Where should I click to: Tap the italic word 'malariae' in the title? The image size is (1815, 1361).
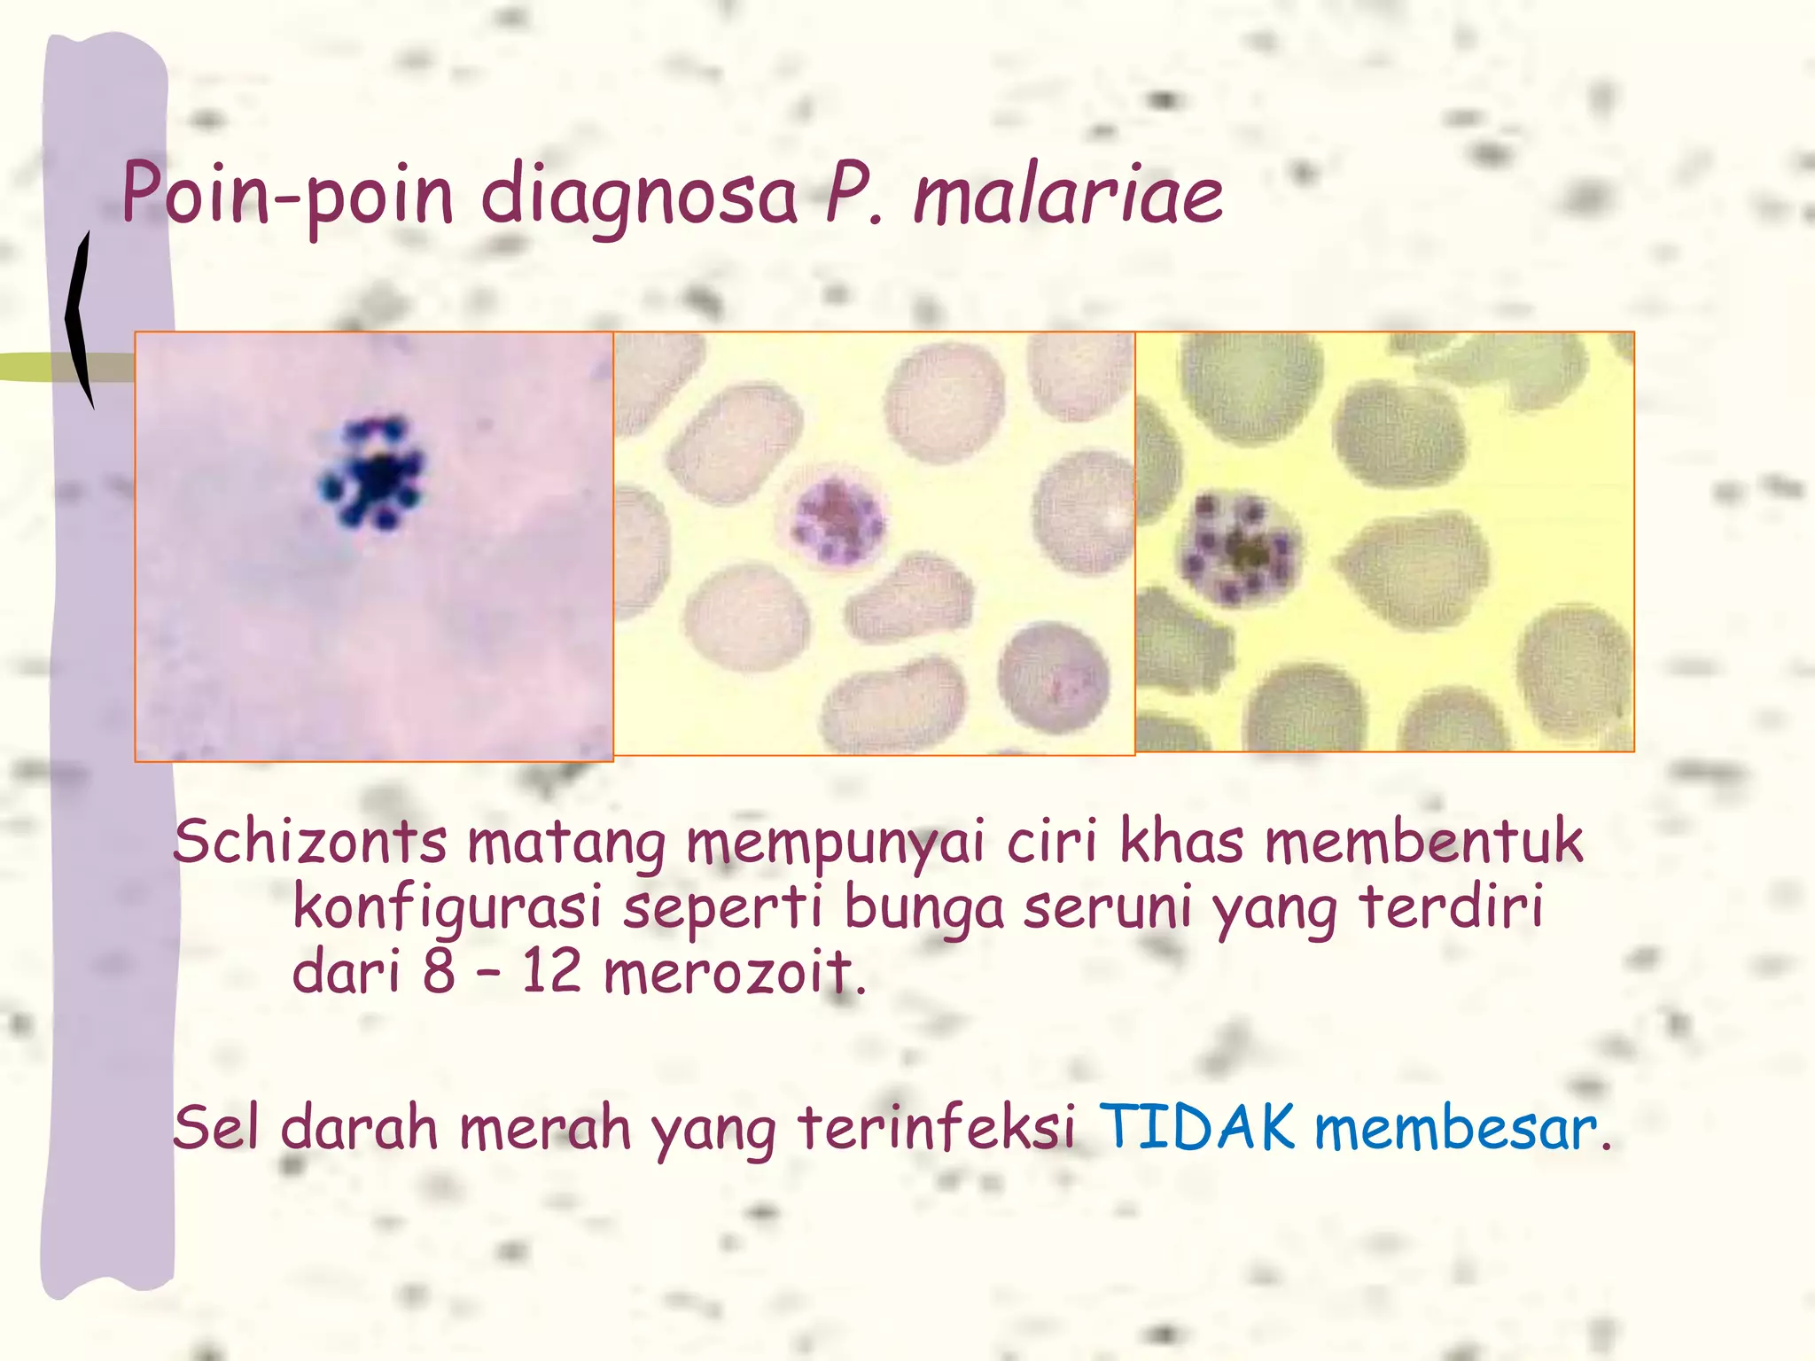tap(1068, 195)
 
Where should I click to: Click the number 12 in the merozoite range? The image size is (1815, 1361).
tap(549, 972)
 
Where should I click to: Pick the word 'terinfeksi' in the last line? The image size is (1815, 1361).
tap(937, 1128)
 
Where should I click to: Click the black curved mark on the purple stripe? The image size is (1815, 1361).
tap(81, 319)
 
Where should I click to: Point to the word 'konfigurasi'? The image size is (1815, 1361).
tap(448, 908)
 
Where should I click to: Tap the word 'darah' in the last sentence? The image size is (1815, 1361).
tap(359, 1128)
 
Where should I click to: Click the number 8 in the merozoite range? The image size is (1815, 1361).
tap(439, 972)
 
